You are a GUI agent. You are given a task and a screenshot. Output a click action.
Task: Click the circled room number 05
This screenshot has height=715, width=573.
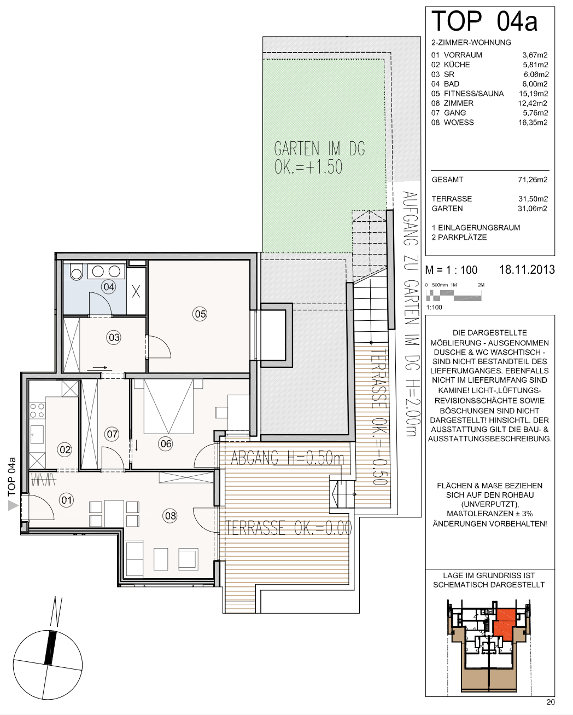click(200, 314)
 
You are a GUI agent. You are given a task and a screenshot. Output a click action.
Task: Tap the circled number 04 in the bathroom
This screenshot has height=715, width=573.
click(109, 287)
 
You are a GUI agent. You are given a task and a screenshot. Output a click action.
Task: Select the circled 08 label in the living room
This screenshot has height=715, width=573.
click(171, 516)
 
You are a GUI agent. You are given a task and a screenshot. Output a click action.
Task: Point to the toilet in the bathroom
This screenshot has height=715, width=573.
click(77, 272)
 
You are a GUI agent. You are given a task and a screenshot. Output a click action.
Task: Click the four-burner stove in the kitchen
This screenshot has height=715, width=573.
click(37, 411)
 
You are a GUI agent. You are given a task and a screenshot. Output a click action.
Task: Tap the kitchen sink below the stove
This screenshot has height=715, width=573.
click(37, 435)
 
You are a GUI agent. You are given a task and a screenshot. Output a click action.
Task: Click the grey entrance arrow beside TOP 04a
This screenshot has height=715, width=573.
click(13, 506)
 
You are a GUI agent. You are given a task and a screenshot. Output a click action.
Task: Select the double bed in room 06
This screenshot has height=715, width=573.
click(168, 407)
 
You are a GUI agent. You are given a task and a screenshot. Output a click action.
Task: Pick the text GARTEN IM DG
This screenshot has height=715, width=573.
click(319, 148)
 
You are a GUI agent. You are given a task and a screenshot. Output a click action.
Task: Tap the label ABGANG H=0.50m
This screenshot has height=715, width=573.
click(288, 458)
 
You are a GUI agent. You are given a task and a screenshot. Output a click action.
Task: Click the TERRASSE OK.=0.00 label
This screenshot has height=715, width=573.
click(289, 528)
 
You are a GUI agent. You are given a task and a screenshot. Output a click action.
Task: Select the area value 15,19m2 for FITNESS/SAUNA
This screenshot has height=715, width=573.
click(534, 94)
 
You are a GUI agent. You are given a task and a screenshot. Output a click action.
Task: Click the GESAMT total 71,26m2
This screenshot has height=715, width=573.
click(533, 180)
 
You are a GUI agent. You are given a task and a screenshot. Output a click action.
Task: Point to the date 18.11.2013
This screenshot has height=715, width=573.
click(527, 269)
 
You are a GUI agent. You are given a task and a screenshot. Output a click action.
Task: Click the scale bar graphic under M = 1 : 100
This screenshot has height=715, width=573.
click(453, 296)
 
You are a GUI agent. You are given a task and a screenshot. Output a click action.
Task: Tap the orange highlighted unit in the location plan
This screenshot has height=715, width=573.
click(505, 624)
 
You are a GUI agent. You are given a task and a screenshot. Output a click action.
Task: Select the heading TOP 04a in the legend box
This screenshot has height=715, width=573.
click(484, 21)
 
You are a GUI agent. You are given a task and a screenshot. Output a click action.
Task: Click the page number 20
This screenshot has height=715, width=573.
click(551, 702)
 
